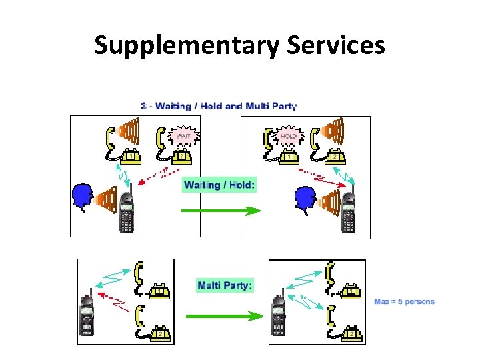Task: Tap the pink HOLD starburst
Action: [288, 135]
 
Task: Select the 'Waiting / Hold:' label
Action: [219, 185]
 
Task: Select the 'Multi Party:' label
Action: [225, 285]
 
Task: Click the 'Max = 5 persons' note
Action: [404, 301]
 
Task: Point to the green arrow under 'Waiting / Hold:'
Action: [221, 211]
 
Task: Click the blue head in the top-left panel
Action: [82, 197]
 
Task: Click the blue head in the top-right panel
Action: [305, 198]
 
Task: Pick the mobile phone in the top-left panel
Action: [127, 209]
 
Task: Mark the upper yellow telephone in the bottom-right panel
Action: [343, 283]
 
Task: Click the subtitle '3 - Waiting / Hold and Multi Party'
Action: [219, 106]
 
